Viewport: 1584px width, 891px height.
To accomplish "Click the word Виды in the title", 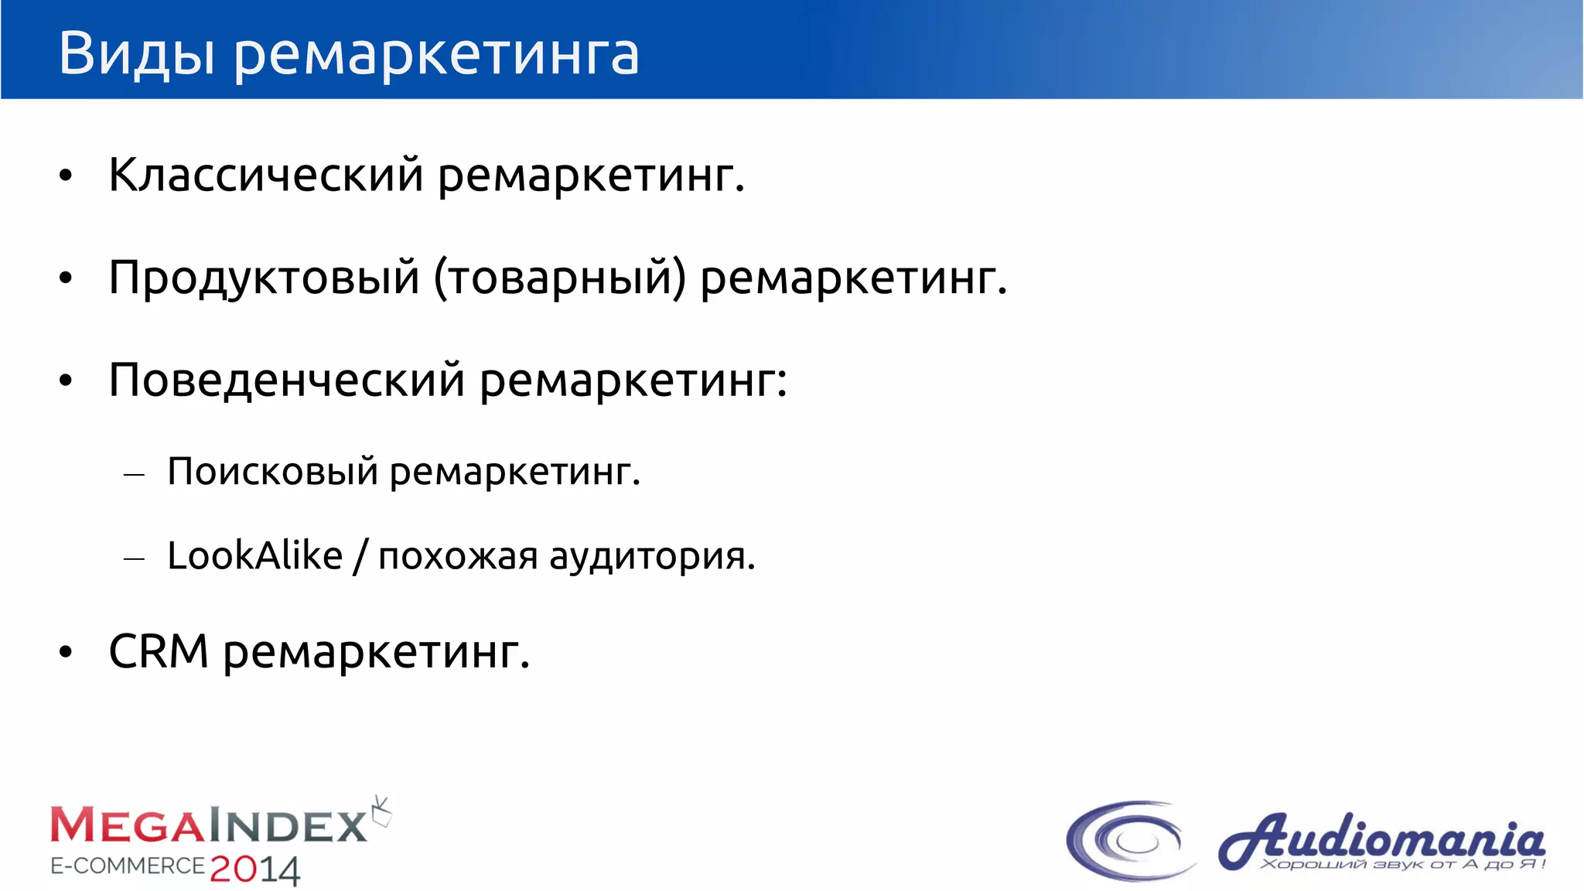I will tap(136, 54).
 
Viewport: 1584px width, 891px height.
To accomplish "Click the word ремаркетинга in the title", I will tap(436, 56).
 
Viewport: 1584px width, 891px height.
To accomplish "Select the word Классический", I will tap(265, 175).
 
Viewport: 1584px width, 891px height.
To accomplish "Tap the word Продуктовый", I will tap(264, 278).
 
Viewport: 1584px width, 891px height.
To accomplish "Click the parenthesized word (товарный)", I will tap(559, 278).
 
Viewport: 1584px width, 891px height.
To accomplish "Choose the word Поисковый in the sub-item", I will tap(272, 471).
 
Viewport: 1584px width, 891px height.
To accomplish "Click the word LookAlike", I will tap(254, 555).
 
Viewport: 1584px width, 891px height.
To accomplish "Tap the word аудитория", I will tap(651, 557).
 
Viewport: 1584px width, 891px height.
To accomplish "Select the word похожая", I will tap(458, 557).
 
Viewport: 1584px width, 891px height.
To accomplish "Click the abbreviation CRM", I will tap(159, 651).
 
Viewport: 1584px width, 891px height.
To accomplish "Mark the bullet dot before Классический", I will tap(66, 176).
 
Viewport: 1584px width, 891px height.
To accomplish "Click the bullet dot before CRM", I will tap(66, 653).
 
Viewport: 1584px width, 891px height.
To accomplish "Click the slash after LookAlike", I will tap(360, 556).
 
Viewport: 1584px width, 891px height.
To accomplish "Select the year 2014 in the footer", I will tap(254, 870).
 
